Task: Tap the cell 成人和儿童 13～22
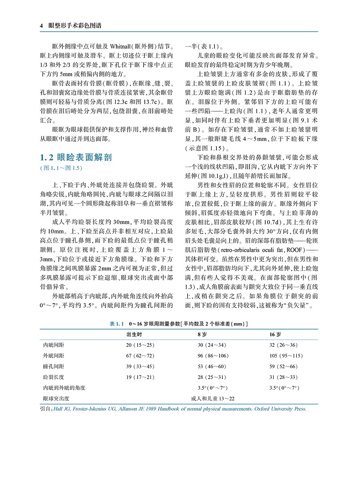213,398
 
